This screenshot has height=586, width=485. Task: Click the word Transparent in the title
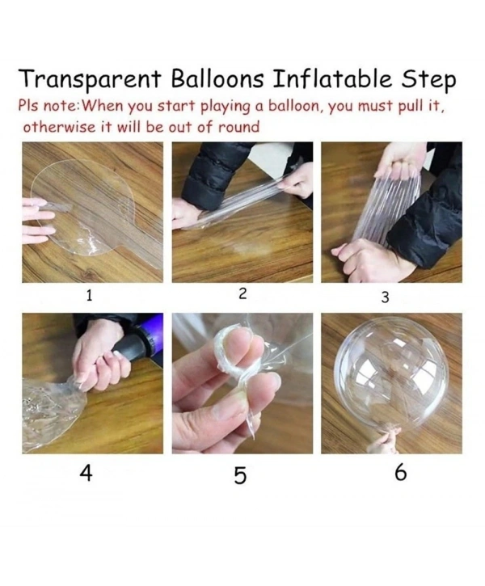coord(90,81)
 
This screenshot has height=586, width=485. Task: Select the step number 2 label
coord(242,293)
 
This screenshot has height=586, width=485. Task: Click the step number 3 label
coord(386,297)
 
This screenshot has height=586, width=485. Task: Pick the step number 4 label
coord(85,474)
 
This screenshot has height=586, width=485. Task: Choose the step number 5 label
coord(240,475)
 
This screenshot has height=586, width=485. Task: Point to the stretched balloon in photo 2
coord(234,202)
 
